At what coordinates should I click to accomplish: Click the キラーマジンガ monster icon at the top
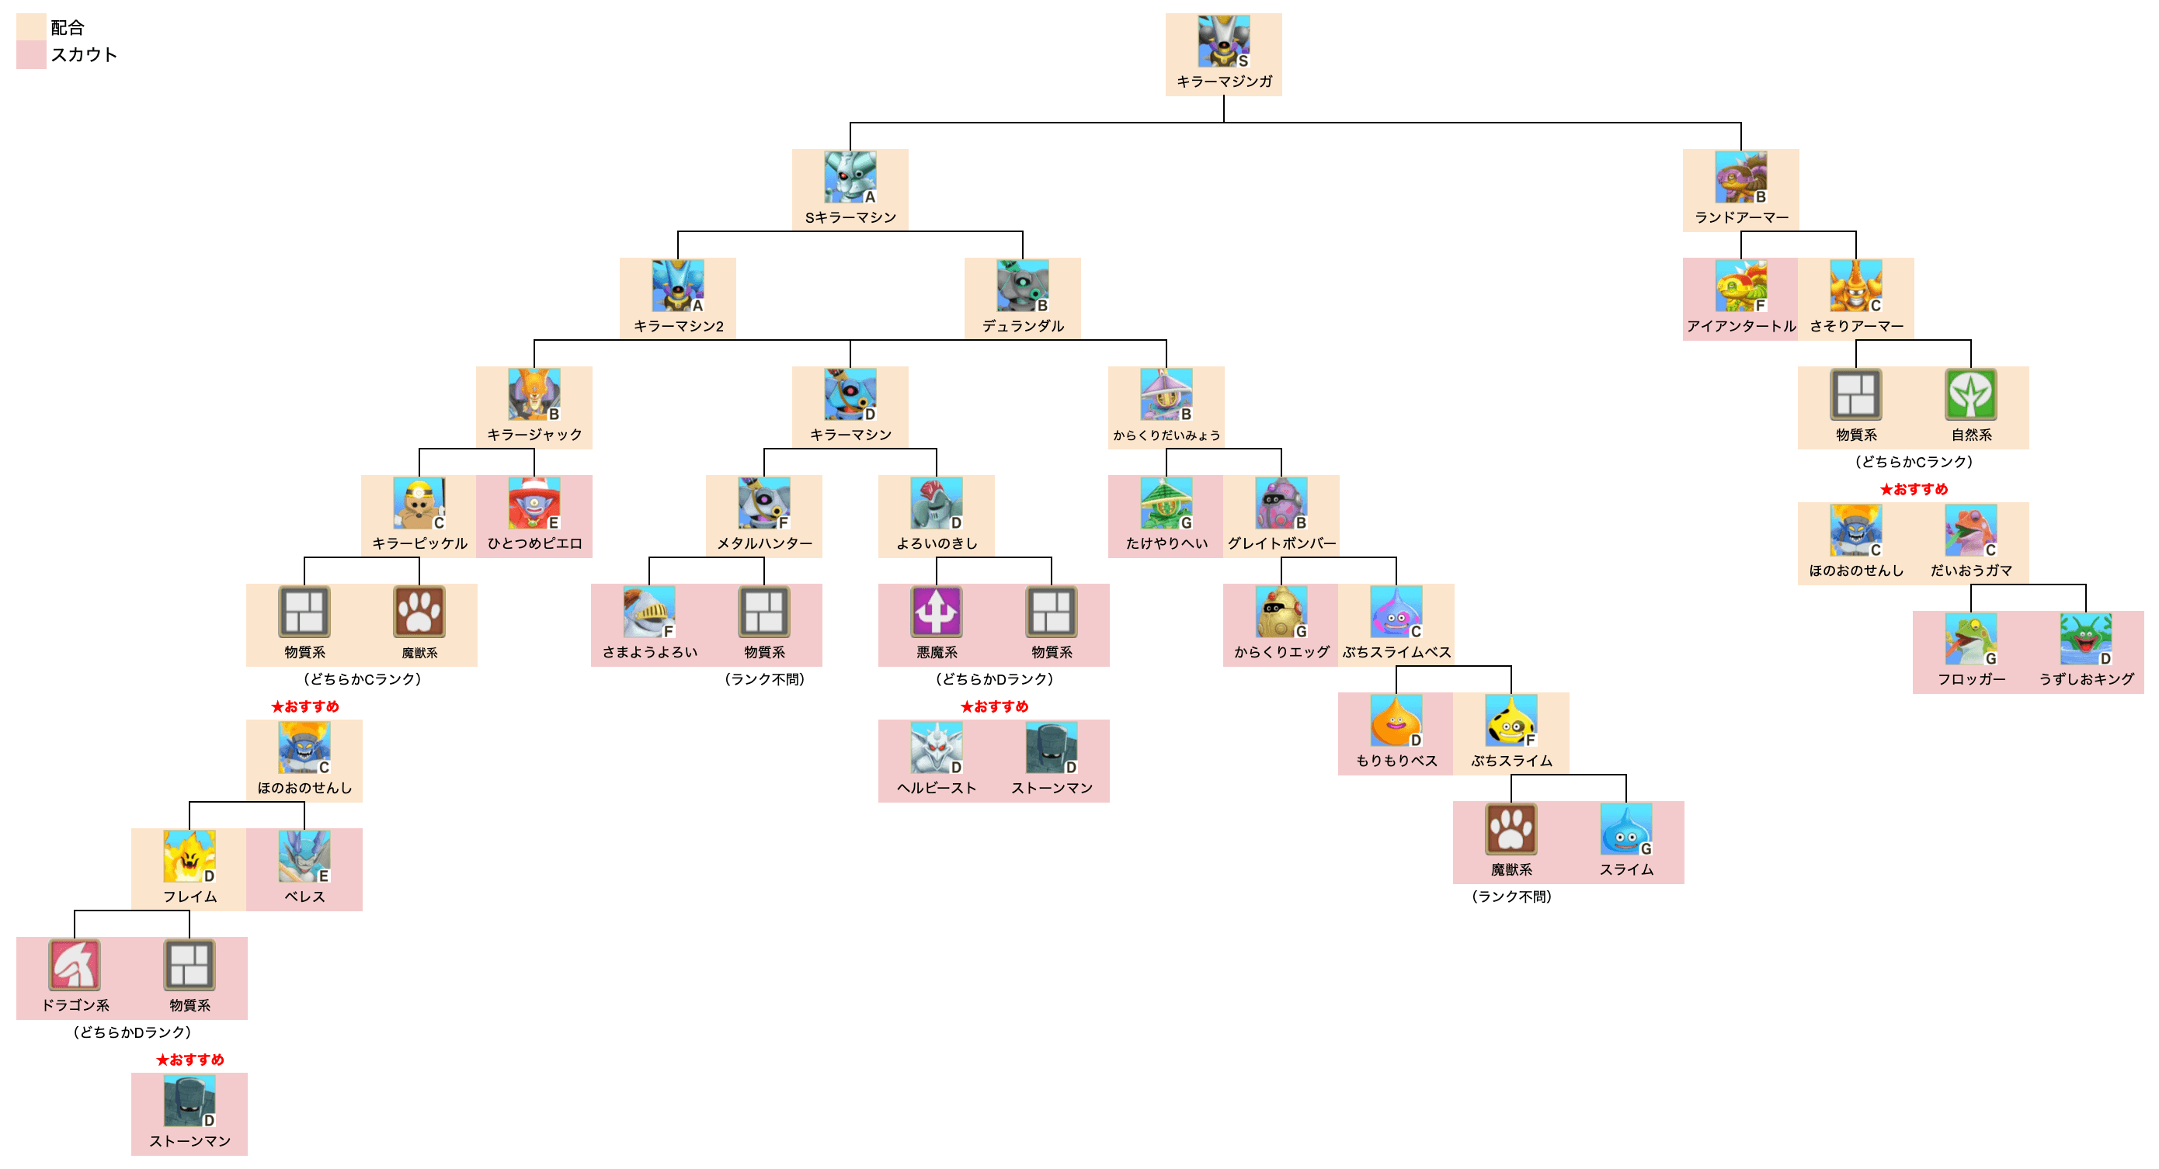[1223, 40]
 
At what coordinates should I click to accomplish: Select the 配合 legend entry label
[67, 28]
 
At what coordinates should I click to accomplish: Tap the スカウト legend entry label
[83, 54]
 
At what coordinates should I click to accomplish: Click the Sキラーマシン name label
[850, 218]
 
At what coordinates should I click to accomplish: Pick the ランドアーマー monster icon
[1740, 177]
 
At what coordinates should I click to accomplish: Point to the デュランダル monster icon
[1022, 286]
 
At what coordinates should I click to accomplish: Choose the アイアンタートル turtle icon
[1740, 286]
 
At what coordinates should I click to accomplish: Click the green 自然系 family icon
[1970, 394]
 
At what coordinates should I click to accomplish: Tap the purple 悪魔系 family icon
[936, 612]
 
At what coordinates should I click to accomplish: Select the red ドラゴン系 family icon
[75, 965]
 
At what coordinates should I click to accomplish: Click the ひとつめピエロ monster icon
[534, 503]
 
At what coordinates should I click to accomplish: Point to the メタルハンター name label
[763, 544]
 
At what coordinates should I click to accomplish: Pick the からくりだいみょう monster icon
[1166, 394]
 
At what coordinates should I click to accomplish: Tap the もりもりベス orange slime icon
[1396, 720]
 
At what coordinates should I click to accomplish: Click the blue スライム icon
[1625, 830]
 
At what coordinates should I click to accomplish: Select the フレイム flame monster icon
[189, 855]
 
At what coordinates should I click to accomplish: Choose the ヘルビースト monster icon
[936, 748]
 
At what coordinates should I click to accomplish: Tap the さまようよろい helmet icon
[648, 612]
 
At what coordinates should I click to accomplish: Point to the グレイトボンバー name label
[1281, 544]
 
